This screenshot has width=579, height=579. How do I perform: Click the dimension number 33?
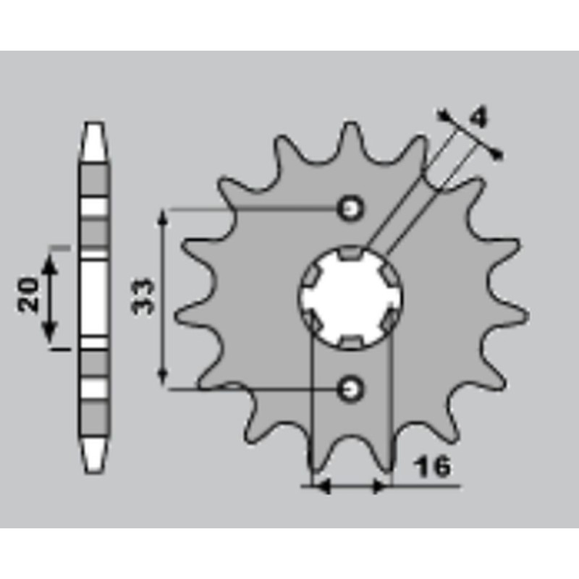point(145,295)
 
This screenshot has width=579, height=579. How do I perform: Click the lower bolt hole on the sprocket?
point(352,389)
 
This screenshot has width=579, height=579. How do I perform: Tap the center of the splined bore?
point(352,297)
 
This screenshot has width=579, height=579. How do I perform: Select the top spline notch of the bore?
point(352,253)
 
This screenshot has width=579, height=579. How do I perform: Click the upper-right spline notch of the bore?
point(389,274)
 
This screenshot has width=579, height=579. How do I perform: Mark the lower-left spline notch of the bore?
point(313,319)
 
